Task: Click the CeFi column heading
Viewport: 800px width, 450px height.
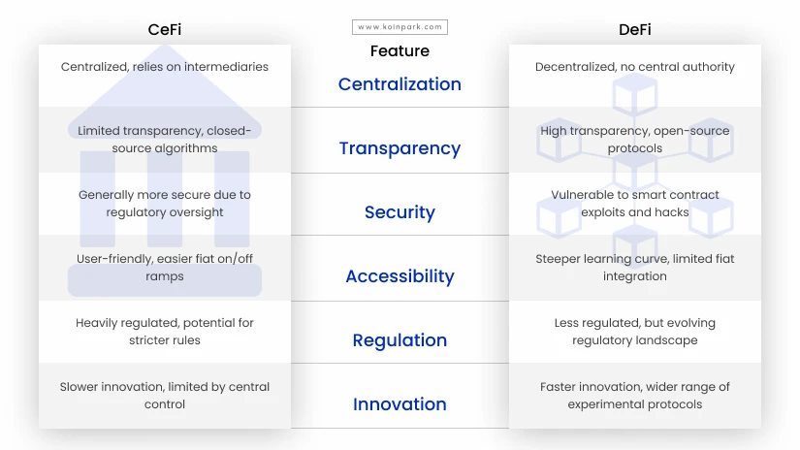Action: click(x=164, y=30)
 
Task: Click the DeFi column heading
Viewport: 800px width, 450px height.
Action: click(x=635, y=30)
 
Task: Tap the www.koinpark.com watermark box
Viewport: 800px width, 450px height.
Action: click(x=400, y=27)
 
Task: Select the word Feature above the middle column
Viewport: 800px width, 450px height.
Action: click(x=400, y=51)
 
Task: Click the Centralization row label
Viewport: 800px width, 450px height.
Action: click(x=400, y=84)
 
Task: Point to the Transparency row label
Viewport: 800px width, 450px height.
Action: click(x=400, y=148)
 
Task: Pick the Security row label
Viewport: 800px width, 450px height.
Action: click(x=400, y=212)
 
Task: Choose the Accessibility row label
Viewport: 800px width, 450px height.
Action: click(x=400, y=276)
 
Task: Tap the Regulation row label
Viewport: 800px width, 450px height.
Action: click(x=400, y=340)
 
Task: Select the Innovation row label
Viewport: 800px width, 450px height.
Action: click(x=400, y=404)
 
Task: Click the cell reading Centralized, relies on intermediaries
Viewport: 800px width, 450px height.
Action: click(x=164, y=67)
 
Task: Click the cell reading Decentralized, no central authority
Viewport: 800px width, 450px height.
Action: click(x=635, y=67)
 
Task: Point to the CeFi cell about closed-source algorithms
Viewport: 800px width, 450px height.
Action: click(x=164, y=140)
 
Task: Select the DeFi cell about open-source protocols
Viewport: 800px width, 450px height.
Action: click(x=635, y=140)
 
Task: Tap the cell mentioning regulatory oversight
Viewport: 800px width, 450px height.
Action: click(x=164, y=203)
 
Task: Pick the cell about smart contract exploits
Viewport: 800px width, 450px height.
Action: click(x=635, y=203)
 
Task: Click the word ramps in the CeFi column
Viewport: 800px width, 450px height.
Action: click(x=164, y=276)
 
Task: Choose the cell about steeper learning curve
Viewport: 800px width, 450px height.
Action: click(x=635, y=268)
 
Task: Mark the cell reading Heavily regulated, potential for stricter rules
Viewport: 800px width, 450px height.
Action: click(x=164, y=331)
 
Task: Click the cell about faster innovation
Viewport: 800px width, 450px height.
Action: click(x=635, y=396)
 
